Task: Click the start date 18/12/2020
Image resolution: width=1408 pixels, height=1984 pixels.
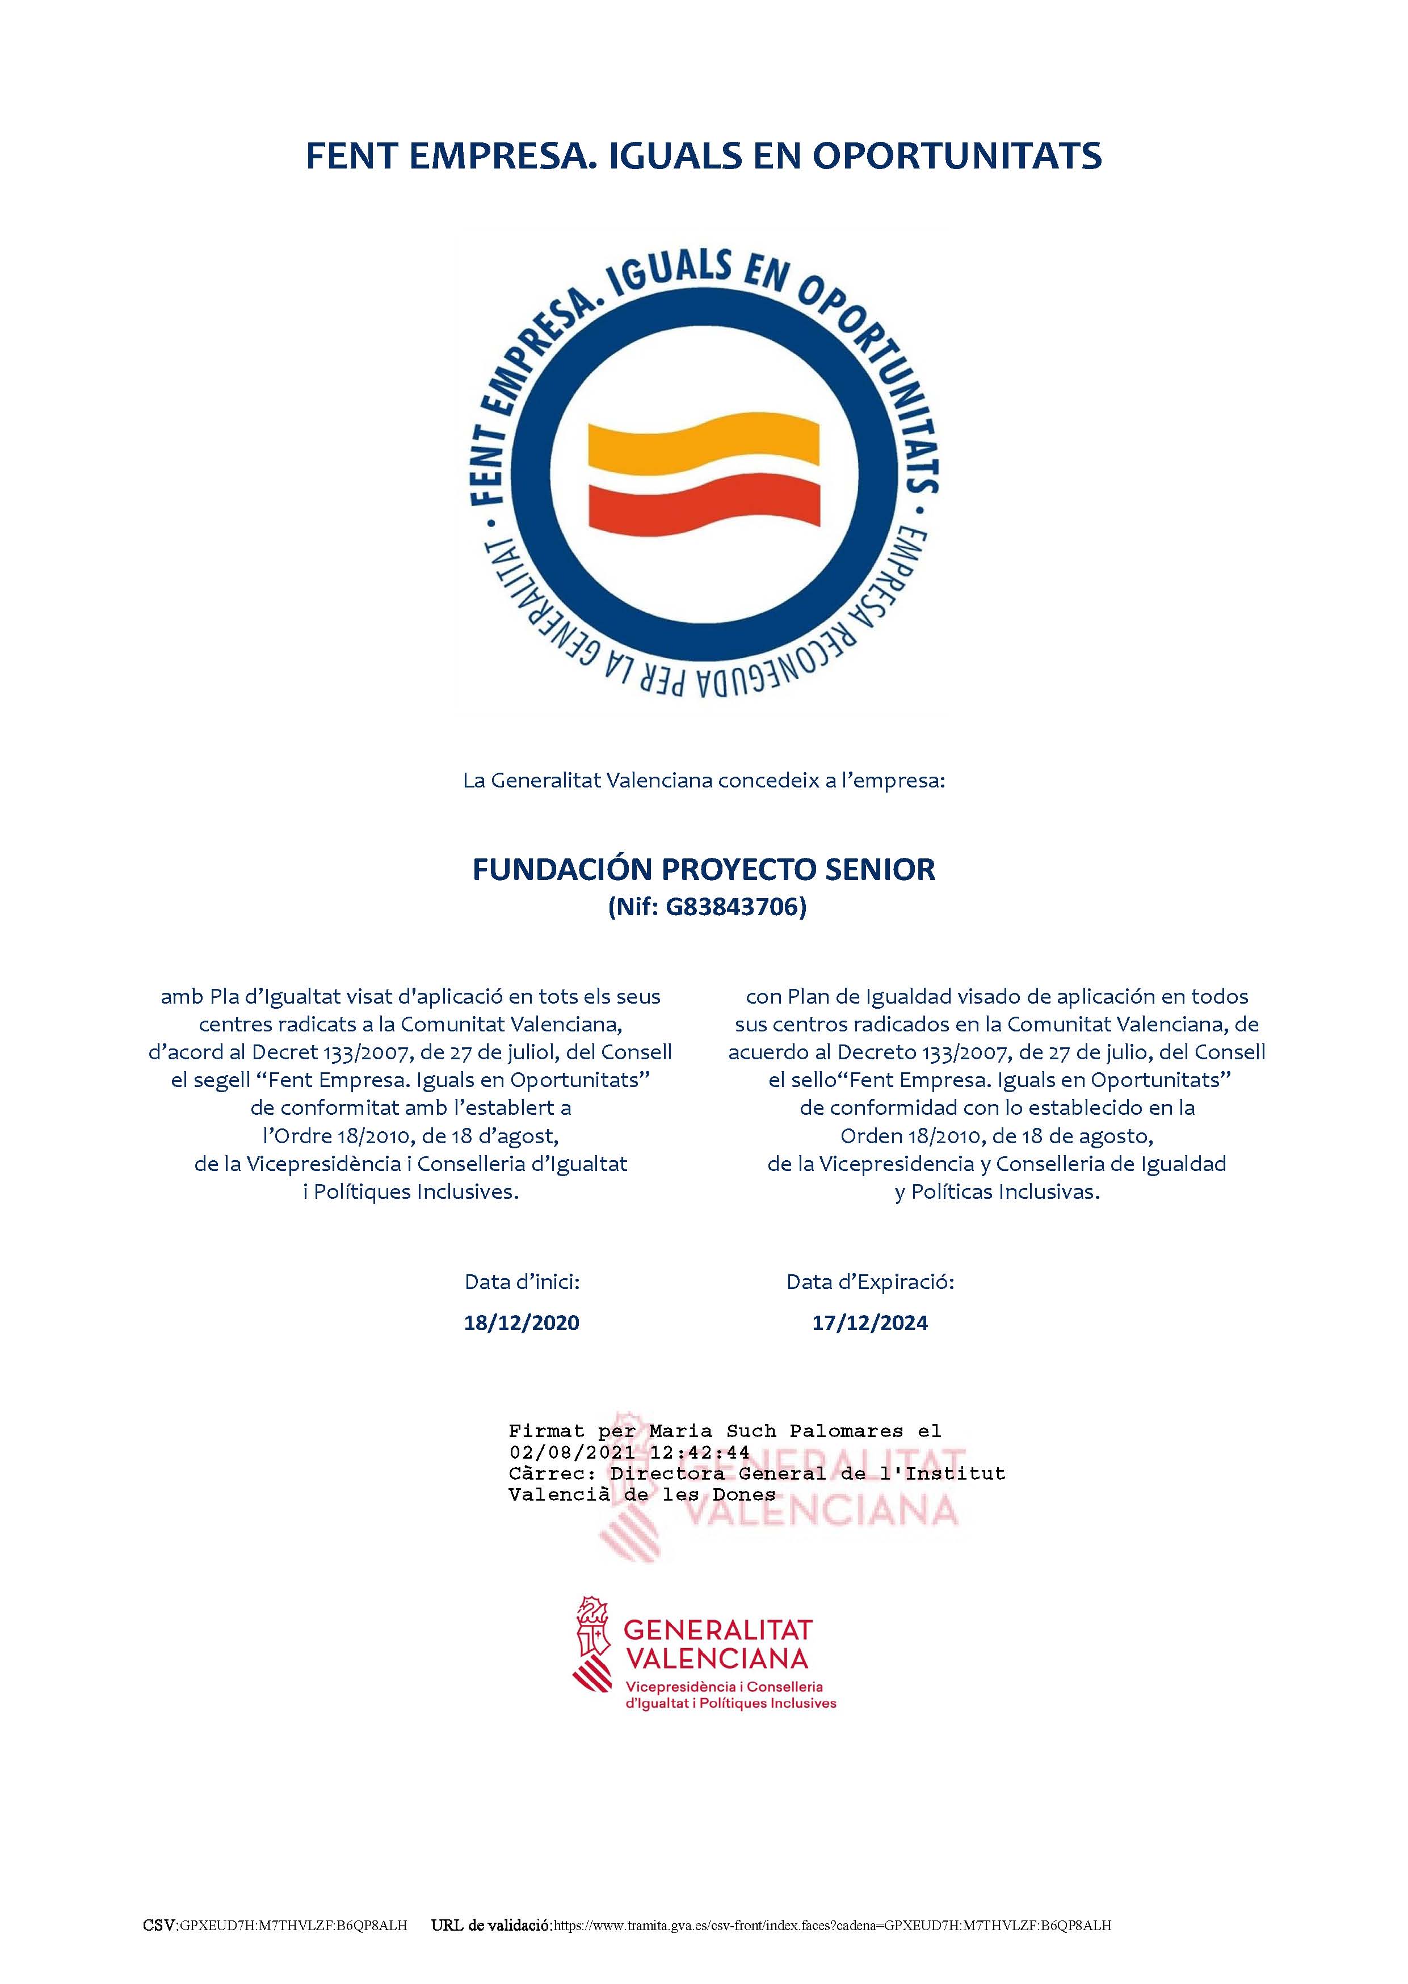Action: (x=521, y=1322)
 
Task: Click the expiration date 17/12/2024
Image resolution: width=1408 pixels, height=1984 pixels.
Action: (x=869, y=1322)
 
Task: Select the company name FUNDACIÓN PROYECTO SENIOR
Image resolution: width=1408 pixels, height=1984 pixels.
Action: (x=703, y=869)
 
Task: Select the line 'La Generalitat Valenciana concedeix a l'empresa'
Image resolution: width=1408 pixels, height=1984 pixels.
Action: (x=703, y=780)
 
